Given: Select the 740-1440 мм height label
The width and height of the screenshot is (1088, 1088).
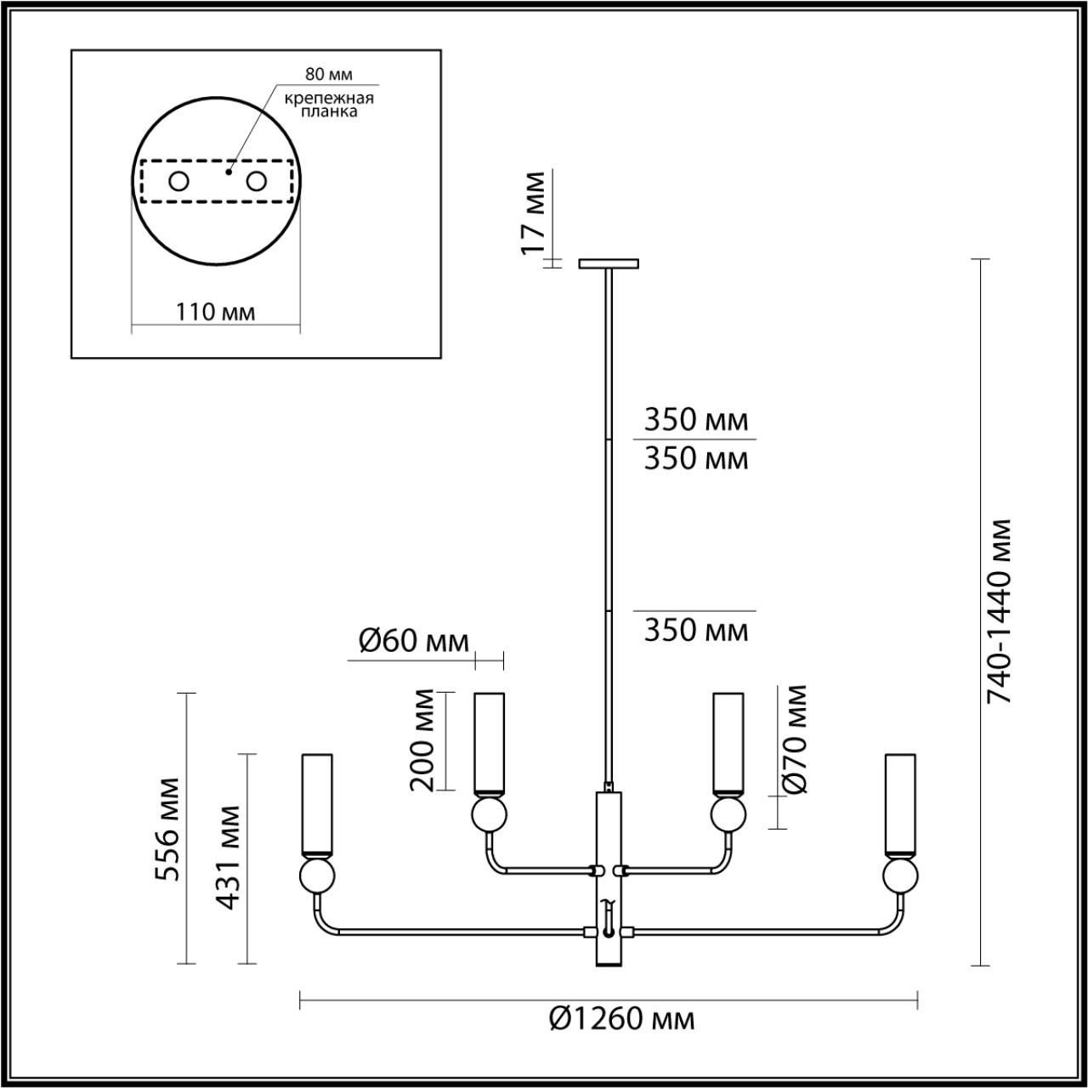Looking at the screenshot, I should pyautogui.click(x=1000, y=610).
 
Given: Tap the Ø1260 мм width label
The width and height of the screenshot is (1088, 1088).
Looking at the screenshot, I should pyautogui.click(x=621, y=1017).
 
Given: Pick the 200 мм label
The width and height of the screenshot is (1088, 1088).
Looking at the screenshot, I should pyautogui.click(x=422, y=739).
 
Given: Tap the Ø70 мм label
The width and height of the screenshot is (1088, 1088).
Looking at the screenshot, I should pyautogui.click(x=795, y=738).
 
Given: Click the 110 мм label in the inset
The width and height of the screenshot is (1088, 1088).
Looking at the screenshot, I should pyautogui.click(x=216, y=312).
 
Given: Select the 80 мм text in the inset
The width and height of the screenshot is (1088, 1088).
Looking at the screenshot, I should pyautogui.click(x=329, y=75).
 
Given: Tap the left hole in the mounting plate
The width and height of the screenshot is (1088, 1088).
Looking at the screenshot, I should pyautogui.click(x=178, y=181).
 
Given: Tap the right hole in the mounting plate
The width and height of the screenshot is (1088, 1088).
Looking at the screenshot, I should pyautogui.click(x=256, y=181).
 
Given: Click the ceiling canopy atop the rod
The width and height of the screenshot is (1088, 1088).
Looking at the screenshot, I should pyautogui.click(x=609, y=263).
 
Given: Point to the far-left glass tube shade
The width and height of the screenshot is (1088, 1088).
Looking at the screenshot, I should pyautogui.click(x=316, y=804).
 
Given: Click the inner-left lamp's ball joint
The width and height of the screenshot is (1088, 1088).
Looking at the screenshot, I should pyautogui.click(x=490, y=814).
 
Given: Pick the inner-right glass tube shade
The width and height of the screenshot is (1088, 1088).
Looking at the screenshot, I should pyautogui.click(x=728, y=742).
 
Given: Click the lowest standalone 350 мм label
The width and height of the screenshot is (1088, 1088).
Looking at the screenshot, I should pyautogui.click(x=696, y=631).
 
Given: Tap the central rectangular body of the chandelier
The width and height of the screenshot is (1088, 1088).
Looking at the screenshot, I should pyautogui.click(x=609, y=880).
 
